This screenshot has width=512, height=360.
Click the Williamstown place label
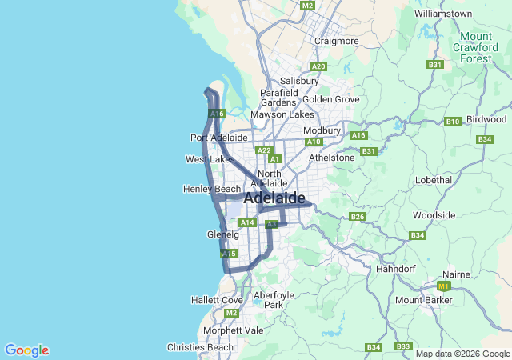[449, 14]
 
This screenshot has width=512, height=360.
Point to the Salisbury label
[299, 81]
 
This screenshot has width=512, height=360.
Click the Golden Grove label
[330, 99]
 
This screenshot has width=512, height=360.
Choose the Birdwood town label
[486, 119]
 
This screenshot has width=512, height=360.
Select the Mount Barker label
[424, 300]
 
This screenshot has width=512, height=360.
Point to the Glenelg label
[222, 235]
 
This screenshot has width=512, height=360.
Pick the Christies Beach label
[200, 347]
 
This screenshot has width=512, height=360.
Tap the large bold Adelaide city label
[274, 198]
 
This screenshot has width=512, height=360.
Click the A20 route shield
[318, 66]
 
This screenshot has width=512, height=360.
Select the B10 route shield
[453, 121]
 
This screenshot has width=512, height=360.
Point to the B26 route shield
[358, 216]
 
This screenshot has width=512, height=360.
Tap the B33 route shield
[403, 346]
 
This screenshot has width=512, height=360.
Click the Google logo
[26, 350]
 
